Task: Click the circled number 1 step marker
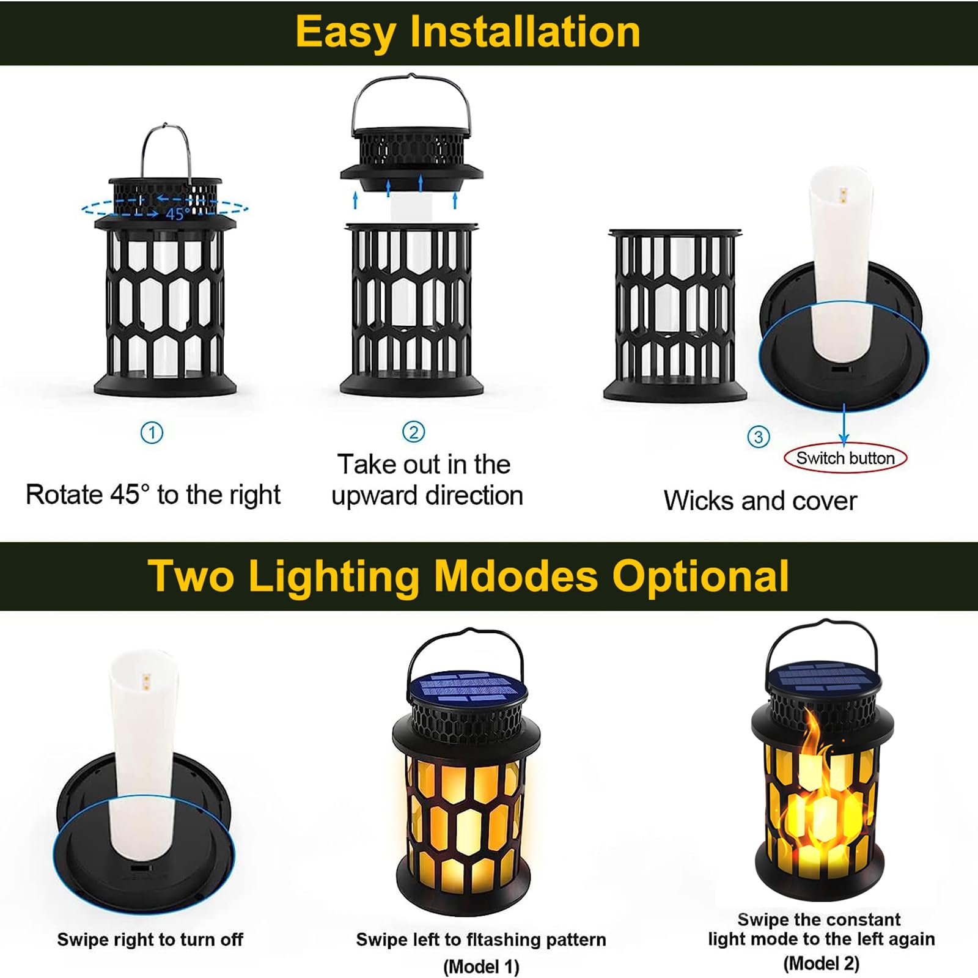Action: pos(152,433)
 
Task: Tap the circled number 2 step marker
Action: pos(414,432)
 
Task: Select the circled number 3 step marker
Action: pos(759,436)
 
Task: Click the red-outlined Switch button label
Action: pos(845,458)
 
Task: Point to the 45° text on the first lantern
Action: pos(176,214)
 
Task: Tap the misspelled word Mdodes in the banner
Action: pos(516,576)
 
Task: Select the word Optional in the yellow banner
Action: pos(700,577)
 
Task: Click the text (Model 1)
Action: pos(481,966)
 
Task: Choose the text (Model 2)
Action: pos(821,963)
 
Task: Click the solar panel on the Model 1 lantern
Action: pos(468,688)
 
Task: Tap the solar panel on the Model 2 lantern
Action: pos(823,676)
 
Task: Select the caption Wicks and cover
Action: pos(760,501)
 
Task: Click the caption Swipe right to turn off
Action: pos(150,939)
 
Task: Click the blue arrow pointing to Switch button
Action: pos(844,423)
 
